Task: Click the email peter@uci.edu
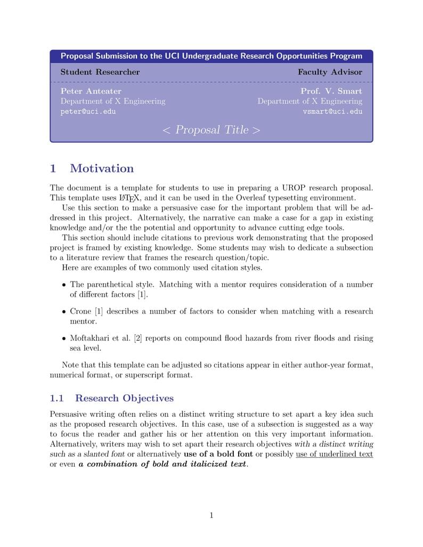click(88, 112)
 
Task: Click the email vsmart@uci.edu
click(332, 112)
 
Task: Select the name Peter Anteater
click(91, 91)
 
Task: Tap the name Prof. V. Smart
click(331, 91)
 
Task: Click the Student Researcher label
click(100, 72)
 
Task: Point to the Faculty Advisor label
click(330, 72)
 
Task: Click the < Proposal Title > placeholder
click(211, 130)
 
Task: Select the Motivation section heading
click(102, 169)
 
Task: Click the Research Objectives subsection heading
click(124, 398)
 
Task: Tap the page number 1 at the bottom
click(211, 515)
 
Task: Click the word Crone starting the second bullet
click(80, 311)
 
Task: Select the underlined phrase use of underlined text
click(334, 454)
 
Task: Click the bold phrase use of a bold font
click(218, 454)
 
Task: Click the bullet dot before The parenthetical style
click(64, 285)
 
